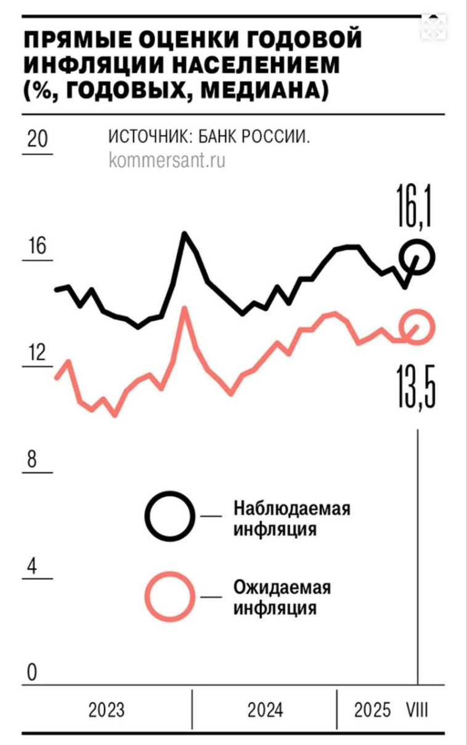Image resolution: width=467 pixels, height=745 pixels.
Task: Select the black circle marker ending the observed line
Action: [x=417, y=257]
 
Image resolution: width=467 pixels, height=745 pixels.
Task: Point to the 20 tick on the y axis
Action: [x=38, y=139]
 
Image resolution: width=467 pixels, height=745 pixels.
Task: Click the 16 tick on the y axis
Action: [x=38, y=247]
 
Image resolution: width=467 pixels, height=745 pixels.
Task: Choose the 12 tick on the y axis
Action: [x=38, y=353]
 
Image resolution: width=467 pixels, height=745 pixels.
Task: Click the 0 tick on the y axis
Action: [x=31, y=673]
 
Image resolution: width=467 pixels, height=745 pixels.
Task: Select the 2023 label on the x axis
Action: [x=107, y=710]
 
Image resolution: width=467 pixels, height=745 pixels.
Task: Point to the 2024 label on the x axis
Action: [x=266, y=710]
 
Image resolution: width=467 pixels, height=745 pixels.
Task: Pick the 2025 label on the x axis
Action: [x=372, y=710]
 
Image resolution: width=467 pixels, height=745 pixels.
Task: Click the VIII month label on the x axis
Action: [x=417, y=710]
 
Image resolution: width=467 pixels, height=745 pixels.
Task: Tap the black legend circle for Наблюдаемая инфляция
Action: [x=170, y=517]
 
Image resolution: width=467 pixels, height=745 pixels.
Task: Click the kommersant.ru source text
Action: [x=166, y=161]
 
